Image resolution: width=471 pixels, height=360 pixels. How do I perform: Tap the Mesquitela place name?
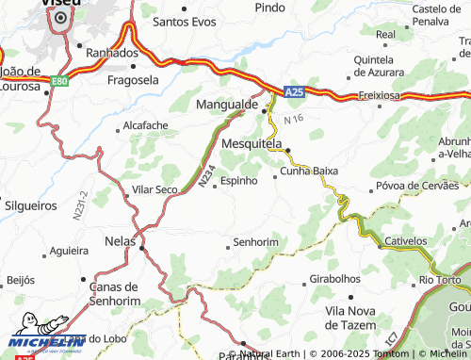coord(251,143)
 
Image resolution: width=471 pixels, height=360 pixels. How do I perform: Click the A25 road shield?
coord(294,91)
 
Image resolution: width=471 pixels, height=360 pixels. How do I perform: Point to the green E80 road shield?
coord(59,81)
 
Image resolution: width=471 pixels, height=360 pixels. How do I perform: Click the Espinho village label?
coord(238,181)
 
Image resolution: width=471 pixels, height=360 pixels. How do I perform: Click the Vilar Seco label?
coord(154,189)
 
